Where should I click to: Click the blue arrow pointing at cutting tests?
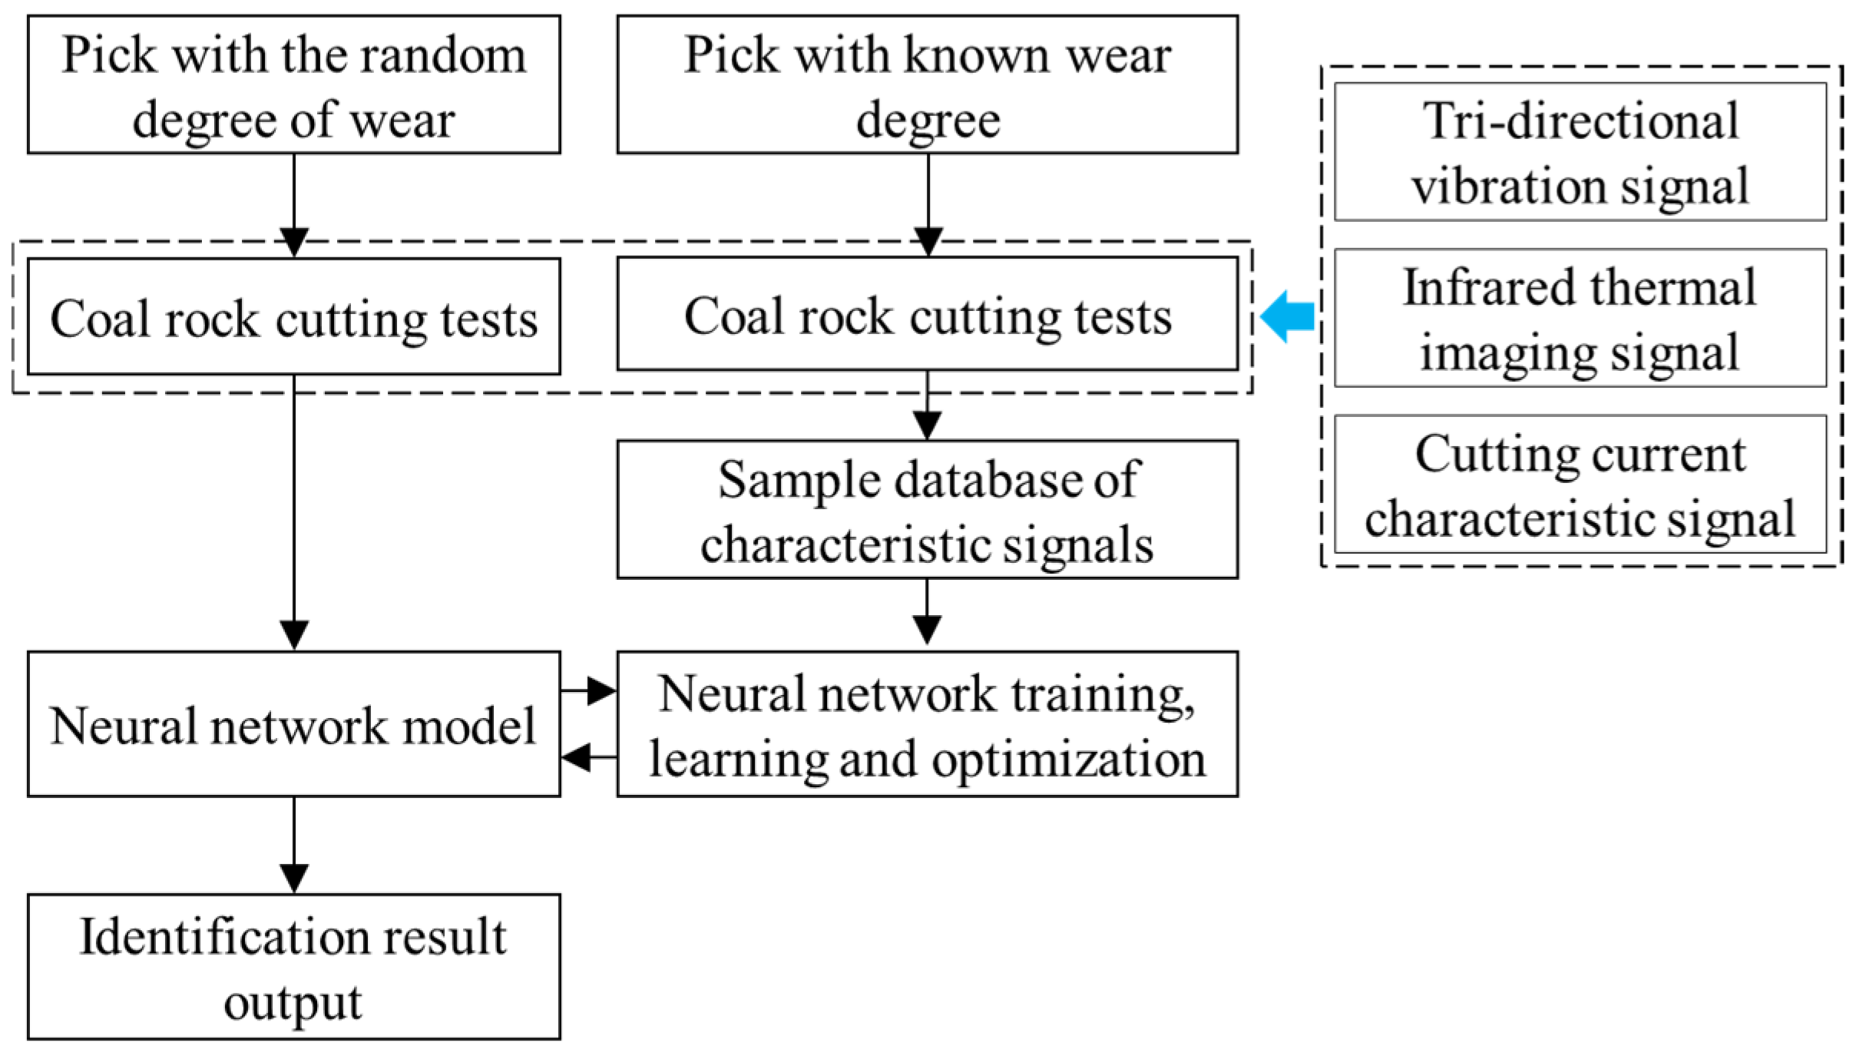click(x=1289, y=316)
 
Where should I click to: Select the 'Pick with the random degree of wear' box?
click(x=293, y=85)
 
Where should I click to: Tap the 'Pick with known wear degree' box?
click(x=927, y=85)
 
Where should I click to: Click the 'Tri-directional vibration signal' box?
click(x=1580, y=152)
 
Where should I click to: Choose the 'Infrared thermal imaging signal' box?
click(x=1580, y=318)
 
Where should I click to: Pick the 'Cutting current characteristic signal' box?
click(x=1580, y=485)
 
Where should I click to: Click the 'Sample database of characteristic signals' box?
click(x=927, y=510)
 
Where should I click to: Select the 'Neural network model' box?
click(x=293, y=724)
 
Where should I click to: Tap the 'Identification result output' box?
click(x=293, y=966)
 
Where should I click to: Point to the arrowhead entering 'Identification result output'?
click(x=294, y=878)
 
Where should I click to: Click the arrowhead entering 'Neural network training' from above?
click(x=927, y=630)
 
